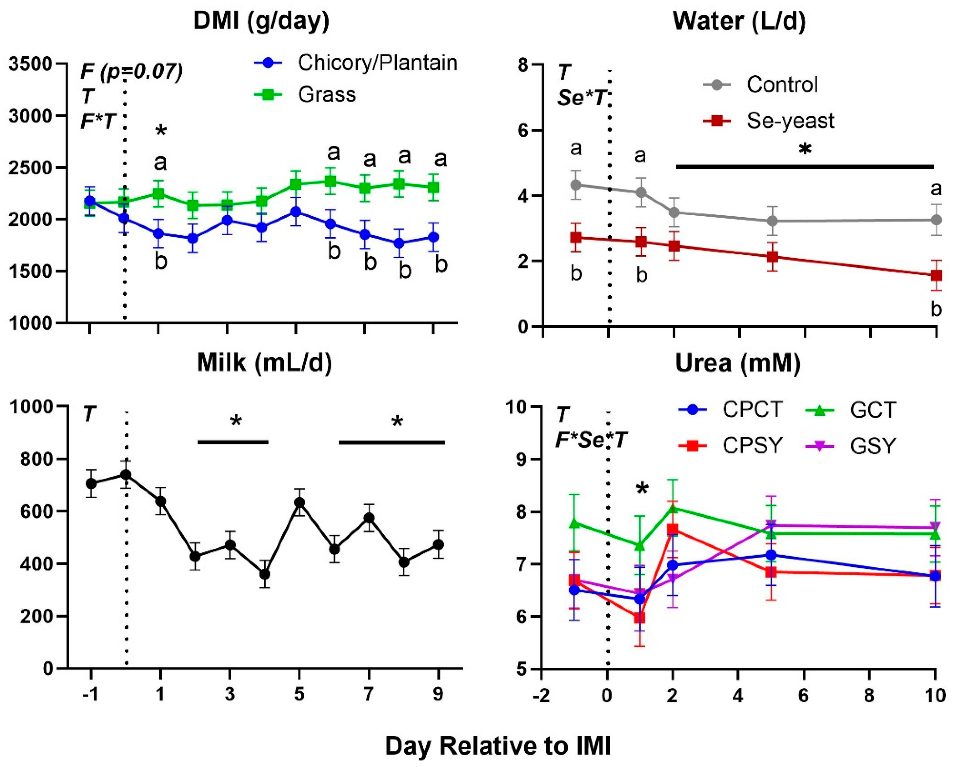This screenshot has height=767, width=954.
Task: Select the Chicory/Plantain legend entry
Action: pyautogui.click(x=377, y=63)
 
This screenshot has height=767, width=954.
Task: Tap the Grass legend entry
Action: pyautogui.click(x=327, y=95)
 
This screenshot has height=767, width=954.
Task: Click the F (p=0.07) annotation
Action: pyautogui.click(x=131, y=72)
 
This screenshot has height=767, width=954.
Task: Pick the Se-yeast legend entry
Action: pyautogui.click(x=790, y=121)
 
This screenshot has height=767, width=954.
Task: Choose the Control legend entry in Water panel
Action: pyautogui.click(x=782, y=85)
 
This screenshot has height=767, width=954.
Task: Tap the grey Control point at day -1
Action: pyautogui.click(x=576, y=185)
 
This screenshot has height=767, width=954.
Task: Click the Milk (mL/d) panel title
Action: pyautogui.click(x=264, y=363)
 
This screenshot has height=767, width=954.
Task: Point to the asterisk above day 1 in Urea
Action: pyautogui.click(x=642, y=489)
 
